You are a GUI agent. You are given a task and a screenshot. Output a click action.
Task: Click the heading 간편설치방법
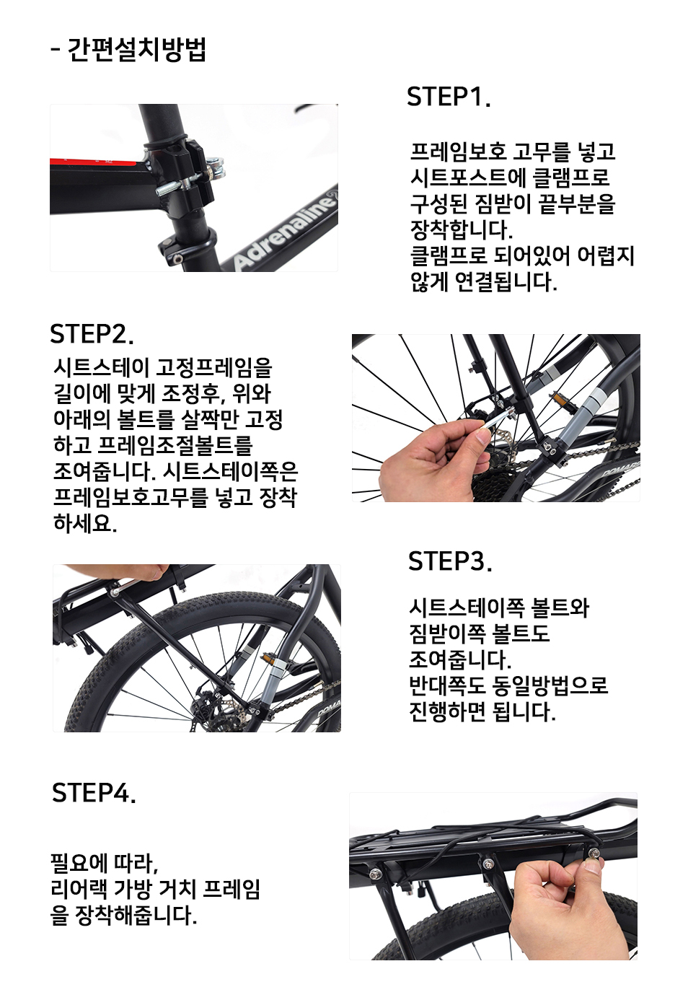pos(136,50)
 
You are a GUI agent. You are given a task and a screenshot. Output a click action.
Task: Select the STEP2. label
pos(92,333)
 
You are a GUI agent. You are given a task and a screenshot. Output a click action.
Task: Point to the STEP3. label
pos(450,561)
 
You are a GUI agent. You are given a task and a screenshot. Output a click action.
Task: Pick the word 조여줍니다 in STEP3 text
pos(460,660)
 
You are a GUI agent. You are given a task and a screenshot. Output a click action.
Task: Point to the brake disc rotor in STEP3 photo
pos(215,709)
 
